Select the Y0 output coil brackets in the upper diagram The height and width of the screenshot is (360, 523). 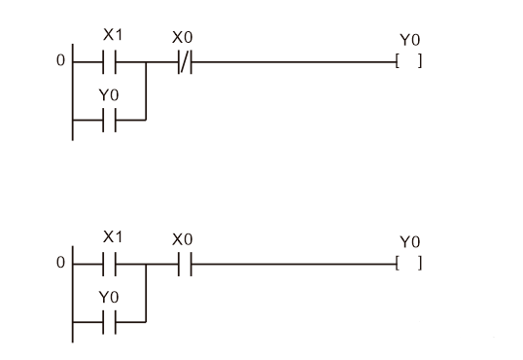click(x=409, y=62)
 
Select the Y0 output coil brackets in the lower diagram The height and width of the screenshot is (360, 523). click(x=409, y=263)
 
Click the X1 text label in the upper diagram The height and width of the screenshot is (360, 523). click(x=112, y=35)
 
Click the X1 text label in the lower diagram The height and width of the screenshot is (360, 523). click(x=112, y=235)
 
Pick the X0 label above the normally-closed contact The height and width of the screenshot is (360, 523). click(x=182, y=37)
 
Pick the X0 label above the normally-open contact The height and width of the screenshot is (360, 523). click(x=182, y=237)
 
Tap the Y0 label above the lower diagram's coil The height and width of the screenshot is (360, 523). click(x=411, y=240)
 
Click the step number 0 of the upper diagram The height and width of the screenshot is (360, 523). click(x=59, y=62)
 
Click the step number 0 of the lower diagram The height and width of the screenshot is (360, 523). click(x=59, y=263)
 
